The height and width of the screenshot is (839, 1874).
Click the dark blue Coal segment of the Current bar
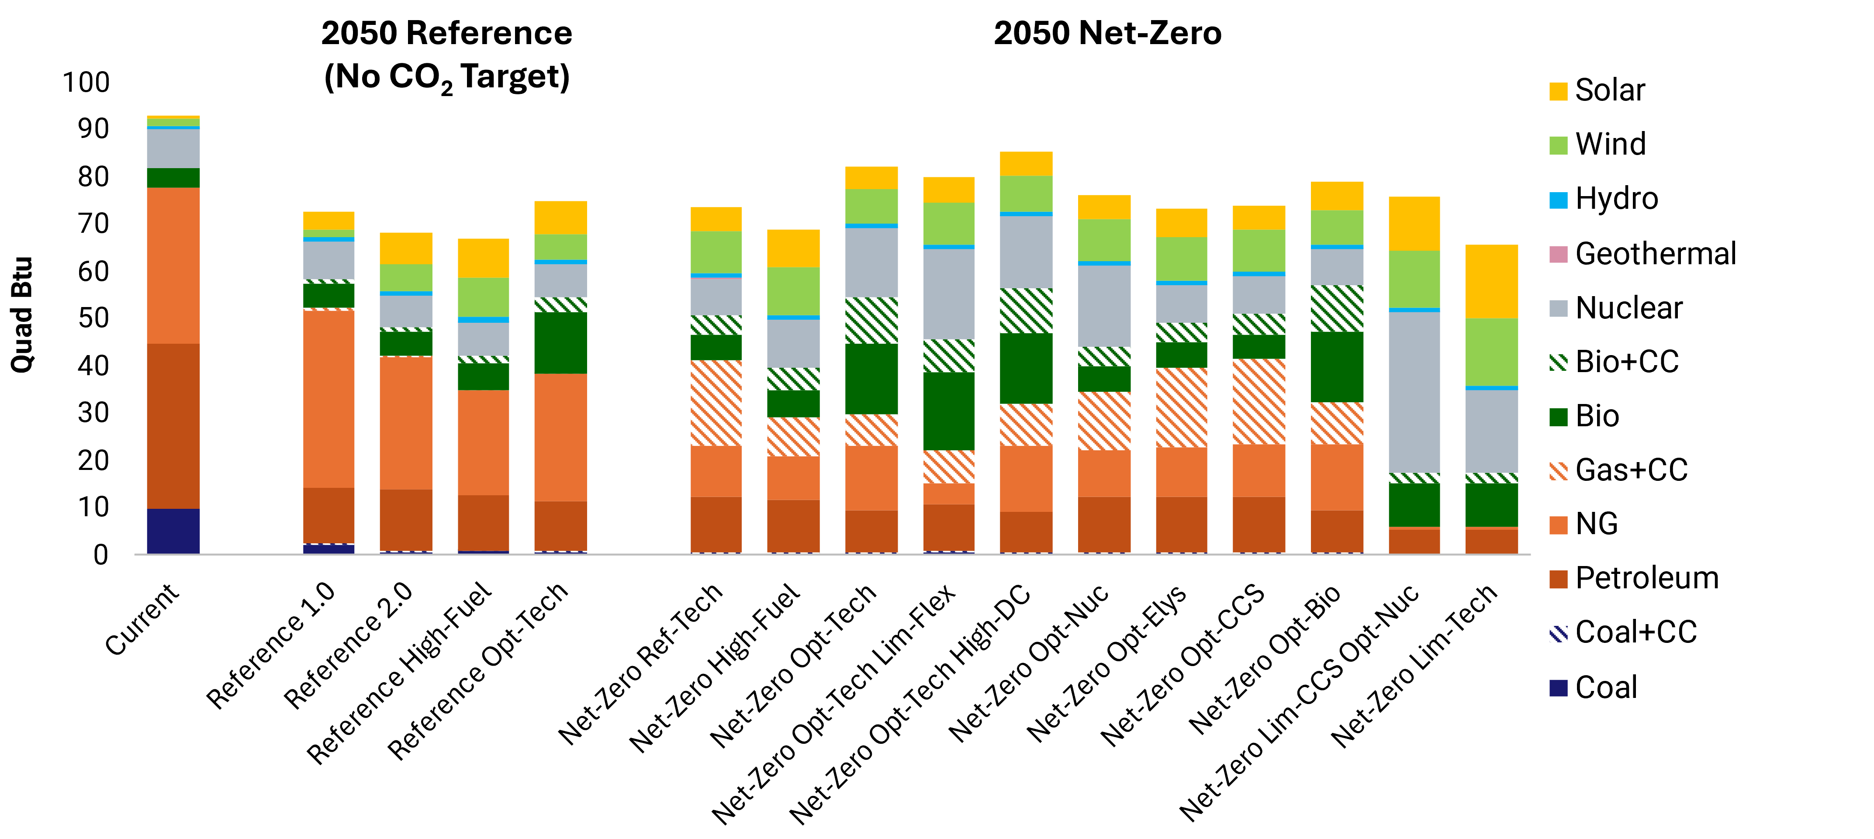coord(173,531)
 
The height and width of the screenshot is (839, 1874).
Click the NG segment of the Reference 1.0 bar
coord(328,399)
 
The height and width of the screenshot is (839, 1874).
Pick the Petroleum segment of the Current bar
coord(173,426)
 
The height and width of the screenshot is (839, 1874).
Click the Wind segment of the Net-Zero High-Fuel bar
coord(793,291)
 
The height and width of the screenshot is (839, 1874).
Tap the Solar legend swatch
coord(1558,91)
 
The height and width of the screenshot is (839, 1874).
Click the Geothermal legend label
coord(1655,254)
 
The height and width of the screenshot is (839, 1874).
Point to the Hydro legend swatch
coord(1558,200)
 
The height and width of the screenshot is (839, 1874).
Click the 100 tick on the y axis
coord(86,82)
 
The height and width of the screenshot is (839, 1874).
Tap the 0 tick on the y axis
coord(101,555)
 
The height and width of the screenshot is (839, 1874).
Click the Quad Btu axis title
coord(22,314)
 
